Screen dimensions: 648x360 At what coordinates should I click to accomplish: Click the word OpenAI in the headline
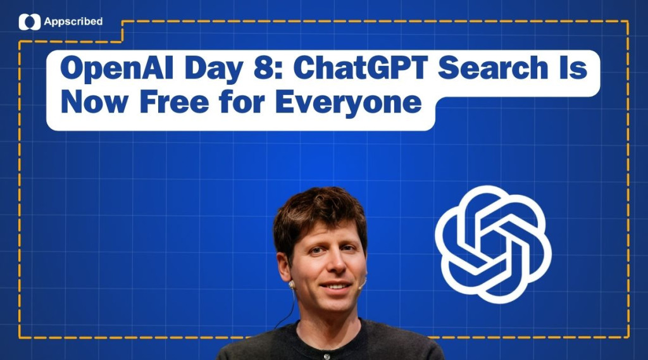pos(116,68)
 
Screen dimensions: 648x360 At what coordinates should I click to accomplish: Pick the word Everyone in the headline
pos(348,103)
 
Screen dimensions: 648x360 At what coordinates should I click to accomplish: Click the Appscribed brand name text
pos(73,22)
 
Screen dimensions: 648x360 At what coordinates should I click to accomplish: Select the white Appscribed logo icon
pos(29,22)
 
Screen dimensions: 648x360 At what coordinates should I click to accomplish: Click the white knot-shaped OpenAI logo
pos(493,244)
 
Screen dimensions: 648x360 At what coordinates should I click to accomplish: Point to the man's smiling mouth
pos(335,286)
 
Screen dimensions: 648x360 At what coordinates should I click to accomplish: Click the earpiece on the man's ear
pos(292,285)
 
